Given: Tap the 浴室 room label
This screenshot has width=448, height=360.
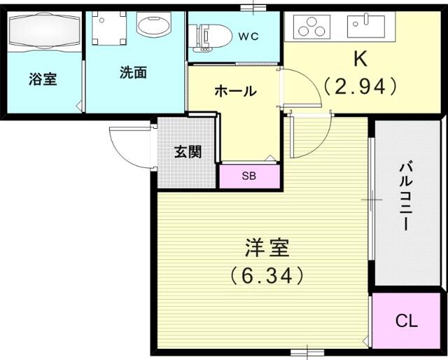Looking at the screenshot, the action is click(x=43, y=79).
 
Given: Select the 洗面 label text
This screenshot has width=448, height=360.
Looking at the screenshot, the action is click(x=133, y=72).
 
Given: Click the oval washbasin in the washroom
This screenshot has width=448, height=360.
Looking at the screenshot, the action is click(x=154, y=24).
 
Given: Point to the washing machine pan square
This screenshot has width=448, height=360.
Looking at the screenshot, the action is click(x=109, y=28).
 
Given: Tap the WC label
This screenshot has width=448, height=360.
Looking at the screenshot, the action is click(x=248, y=36).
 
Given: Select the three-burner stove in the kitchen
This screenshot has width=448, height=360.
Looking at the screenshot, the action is click(x=311, y=27).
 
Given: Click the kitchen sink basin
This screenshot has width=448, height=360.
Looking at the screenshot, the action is click(x=366, y=27).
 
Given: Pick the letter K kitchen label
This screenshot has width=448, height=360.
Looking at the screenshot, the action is click(x=360, y=60).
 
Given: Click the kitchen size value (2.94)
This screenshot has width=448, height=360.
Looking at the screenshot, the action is click(x=360, y=85).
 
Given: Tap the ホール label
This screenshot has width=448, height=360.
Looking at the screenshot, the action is click(x=235, y=91).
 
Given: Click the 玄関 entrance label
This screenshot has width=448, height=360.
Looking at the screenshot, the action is click(x=188, y=151).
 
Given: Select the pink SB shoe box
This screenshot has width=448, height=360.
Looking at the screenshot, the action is click(x=249, y=176).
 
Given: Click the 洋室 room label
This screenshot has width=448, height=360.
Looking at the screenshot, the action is click(x=267, y=248).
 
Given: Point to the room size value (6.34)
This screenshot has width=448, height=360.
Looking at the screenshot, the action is click(x=267, y=275).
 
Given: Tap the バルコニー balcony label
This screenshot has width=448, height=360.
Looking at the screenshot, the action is click(x=406, y=197).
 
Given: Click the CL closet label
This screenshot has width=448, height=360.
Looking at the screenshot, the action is click(x=406, y=321).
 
